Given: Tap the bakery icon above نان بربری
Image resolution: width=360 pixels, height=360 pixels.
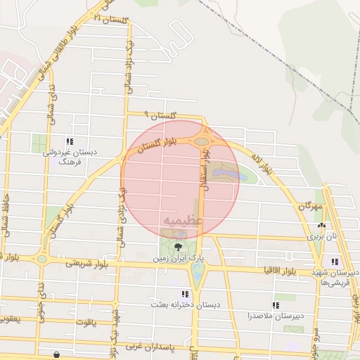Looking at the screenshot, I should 321,226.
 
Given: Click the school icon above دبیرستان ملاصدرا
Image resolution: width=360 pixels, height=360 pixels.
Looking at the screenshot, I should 276,305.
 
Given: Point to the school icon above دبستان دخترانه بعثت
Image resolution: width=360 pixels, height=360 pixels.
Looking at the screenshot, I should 185,294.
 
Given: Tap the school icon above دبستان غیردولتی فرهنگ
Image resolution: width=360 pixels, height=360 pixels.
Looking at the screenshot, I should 69,141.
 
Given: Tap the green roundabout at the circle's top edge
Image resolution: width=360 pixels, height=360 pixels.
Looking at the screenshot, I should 202,141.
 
